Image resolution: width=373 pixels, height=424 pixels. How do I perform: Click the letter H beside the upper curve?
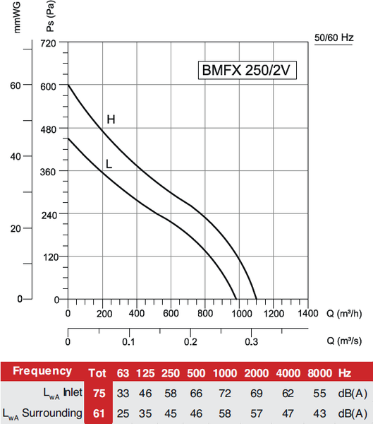tap(111, 119)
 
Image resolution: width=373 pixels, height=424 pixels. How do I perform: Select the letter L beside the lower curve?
tap(109, 164)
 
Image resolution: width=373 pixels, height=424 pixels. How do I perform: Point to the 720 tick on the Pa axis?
tap(49, 43)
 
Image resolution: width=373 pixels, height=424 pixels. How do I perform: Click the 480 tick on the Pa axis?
tap(49, 129)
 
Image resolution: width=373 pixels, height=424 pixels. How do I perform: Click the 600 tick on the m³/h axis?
tap(171, 313)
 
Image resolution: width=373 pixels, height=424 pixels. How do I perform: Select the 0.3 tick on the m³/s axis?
tap(252, 341)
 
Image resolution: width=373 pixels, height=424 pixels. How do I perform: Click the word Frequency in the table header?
tap(42, 371)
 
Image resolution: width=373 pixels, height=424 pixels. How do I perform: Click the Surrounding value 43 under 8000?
tap(319, 413)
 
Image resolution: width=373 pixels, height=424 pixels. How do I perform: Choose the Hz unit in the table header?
tap(344, 372)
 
